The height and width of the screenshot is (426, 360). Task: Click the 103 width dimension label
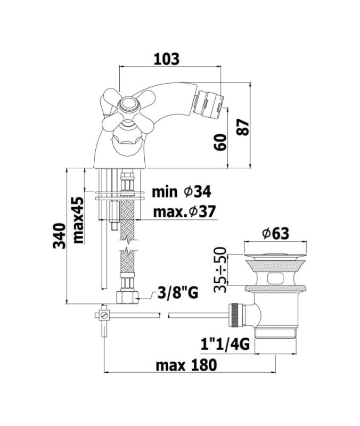(x=166, y=59)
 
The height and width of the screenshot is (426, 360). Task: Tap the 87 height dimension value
(x=243, y=127)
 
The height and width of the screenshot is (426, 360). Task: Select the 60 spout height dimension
(x=220, y=142)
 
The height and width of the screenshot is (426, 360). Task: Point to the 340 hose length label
(x=60, y=236)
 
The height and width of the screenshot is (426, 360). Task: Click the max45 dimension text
(x=78, y=220)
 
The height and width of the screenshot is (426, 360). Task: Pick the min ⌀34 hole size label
(x=182, y=192)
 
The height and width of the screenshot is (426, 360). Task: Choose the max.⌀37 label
(x=184, y=211)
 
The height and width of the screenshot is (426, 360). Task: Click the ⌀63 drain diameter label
(x=275, y=234)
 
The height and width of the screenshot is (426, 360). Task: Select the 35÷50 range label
(x=220, y=269)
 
